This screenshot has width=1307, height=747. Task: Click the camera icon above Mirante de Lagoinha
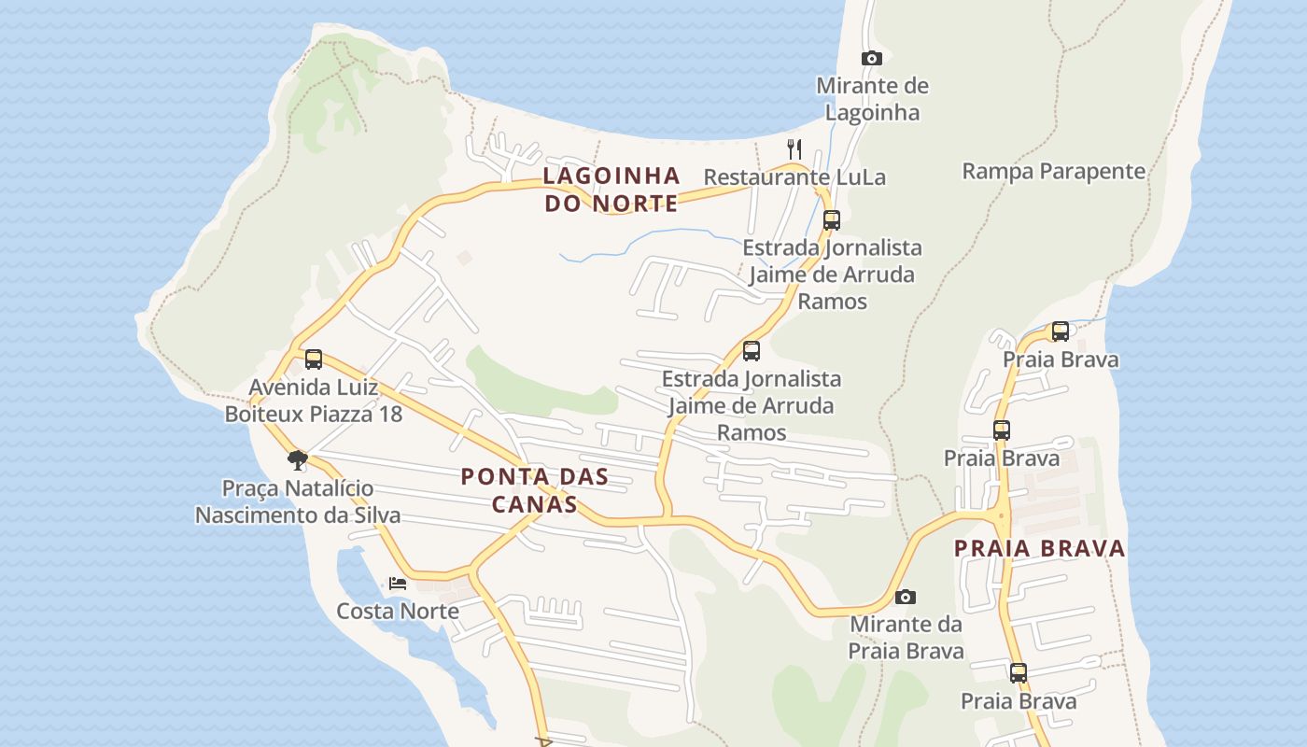point(871,58)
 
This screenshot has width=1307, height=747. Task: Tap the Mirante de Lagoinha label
point(872,99)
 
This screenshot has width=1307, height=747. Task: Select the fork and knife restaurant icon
point(794,148)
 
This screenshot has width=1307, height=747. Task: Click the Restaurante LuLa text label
point(794,176)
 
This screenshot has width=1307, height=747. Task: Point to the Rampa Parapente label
point(1053,171)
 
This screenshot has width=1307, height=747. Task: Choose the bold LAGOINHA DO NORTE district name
point(611,190)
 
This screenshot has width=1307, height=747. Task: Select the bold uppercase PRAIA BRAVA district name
point(1039,548)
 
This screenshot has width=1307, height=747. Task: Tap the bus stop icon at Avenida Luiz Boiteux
point(314,359)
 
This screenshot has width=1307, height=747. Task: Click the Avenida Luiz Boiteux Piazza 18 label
point(314,400)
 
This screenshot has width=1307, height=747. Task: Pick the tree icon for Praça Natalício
point(298,459)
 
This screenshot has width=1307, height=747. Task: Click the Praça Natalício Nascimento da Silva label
point(298,501)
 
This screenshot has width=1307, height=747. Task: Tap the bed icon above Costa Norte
point(398,584)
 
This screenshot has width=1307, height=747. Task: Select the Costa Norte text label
point(398,611)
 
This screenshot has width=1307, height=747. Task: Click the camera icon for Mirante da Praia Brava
point(905,597)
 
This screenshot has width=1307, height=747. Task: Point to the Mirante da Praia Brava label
point(906,637)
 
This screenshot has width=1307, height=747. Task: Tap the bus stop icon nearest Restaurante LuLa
point(831,220)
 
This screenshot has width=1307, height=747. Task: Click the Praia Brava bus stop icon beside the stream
point(1061,331)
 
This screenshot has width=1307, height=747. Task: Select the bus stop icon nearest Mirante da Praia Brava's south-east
point(1018,672)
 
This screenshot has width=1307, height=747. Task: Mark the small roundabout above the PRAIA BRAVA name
point(1001,514)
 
